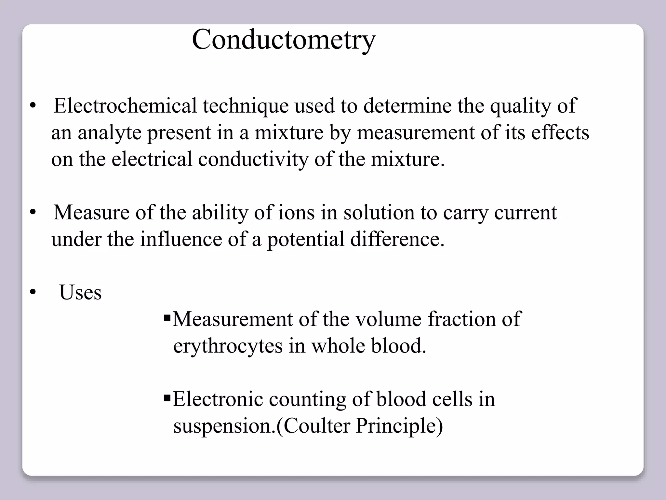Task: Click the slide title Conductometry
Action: click(284, 40)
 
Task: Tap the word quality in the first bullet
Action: click(520, 106)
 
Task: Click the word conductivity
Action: click(253, 160)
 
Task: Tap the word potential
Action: click(305, 239)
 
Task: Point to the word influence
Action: click(181, 239)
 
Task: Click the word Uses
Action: click(80, 292)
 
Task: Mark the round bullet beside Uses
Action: click(32, 292)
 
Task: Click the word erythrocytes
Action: click(228, 346)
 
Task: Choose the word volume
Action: click(388, 319)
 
